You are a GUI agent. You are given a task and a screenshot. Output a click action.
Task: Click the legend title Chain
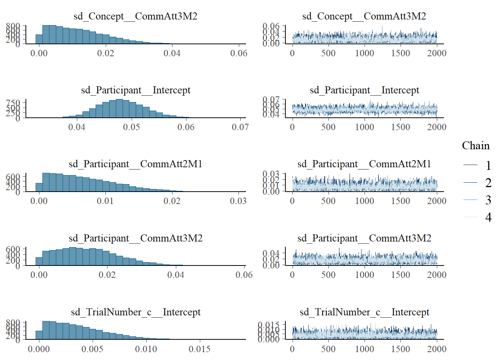coord(475,145)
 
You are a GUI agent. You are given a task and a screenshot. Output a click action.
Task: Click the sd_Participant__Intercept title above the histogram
coord(136,90)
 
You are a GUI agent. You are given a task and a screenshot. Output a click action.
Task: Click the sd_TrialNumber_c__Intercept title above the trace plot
coord(364,312)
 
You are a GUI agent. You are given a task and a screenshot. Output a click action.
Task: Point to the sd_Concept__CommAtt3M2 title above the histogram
coord(135,16)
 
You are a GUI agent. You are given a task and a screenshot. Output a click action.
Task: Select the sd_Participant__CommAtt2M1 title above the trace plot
coord(364,164)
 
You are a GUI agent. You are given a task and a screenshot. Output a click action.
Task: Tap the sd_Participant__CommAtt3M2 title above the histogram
coord(135,238)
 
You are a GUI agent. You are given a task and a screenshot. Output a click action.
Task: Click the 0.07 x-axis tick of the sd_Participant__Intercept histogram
coord(240,127)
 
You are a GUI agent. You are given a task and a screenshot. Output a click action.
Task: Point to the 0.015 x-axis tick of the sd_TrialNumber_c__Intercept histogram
coord(199,349)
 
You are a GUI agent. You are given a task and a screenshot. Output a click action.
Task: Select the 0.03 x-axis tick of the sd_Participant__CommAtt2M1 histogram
coord(238,201)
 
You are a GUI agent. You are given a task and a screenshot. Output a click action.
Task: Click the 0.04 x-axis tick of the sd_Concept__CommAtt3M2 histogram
coord(172,53)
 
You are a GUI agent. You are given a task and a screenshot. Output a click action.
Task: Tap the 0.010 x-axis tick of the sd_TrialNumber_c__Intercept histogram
coord(146,349)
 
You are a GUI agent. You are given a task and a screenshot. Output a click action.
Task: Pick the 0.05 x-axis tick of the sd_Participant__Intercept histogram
coord(131,127)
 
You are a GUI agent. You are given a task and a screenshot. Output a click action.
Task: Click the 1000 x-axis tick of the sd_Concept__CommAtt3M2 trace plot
coord(364,53)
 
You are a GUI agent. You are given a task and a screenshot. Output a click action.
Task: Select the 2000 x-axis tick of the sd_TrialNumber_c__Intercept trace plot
coord(436,349)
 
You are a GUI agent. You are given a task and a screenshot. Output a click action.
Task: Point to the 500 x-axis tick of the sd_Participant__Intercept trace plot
coord(328,127)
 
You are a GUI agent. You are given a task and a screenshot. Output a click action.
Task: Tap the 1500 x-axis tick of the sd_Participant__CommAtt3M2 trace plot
coord(400,275)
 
